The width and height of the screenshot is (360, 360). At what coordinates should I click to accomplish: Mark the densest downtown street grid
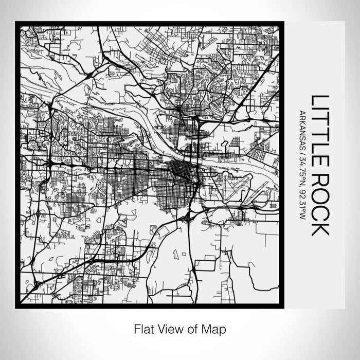click(x=180, y=169)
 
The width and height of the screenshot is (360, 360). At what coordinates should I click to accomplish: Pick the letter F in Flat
click(x=136, y=328)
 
